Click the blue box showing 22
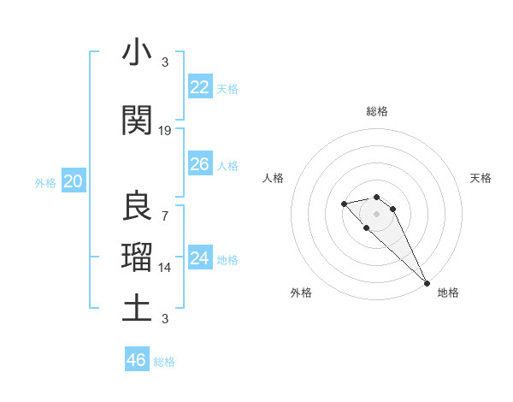(200, 87)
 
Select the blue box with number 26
(200, 164)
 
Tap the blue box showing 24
(200, 258)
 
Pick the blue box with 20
(74, 181)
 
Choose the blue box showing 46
(137, 360)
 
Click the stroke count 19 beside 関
(165, 131)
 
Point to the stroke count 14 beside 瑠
(165, 267)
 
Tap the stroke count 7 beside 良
(165, 216)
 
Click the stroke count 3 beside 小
(165, 62)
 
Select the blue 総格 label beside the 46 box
(164, 362)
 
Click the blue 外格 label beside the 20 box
(45, 182)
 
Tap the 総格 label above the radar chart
(376, 111)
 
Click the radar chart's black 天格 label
(481, 178)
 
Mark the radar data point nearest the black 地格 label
(426, 283)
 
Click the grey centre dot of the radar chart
(376, 213)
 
